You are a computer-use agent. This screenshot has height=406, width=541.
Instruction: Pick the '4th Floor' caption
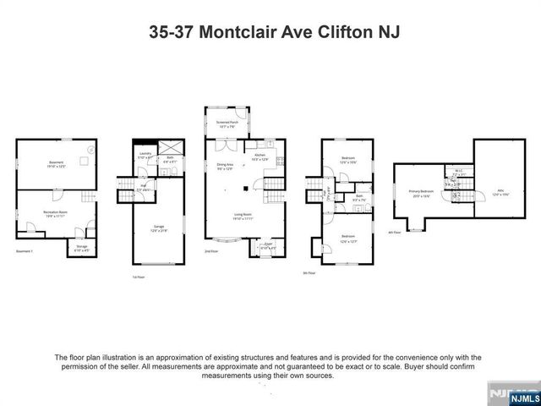[x=393, y=231]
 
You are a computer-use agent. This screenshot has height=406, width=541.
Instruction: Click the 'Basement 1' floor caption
[x=24, y=251]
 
